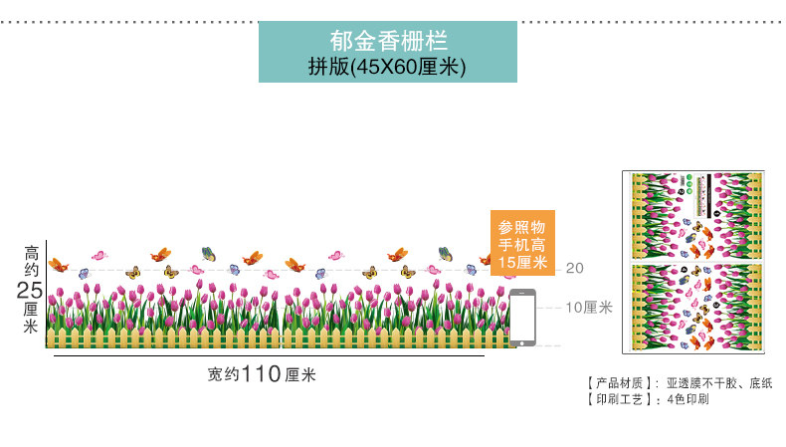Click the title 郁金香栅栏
[x=389, y=41]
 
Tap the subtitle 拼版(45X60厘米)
[x=389, y=67]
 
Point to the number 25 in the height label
[x=30, y=290]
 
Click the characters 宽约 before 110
[x=224, y=375]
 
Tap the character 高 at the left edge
[x=31, y=254]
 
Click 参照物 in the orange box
[x=522, y=226]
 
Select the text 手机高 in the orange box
[x=522, y=244]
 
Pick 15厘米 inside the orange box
[x=522, y=262]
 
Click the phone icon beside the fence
[x=522, y=318]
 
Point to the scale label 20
[x=574, y=268]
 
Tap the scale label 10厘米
[x=588, y=308]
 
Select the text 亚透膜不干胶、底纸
[x=718, y=382]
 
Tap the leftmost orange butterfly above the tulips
[x=59, y=266]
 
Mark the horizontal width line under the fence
[x=269, y=356]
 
